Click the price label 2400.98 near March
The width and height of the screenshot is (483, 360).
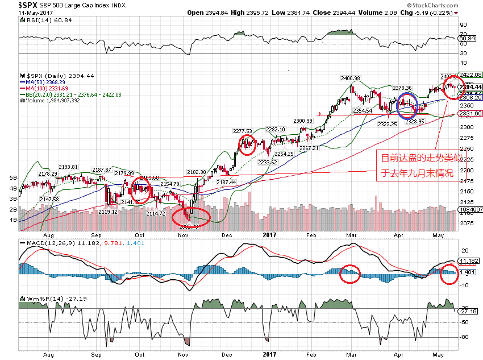[351, 78]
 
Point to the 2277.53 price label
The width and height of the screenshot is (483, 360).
[242, 131]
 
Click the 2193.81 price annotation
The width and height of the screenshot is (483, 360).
[68, 167]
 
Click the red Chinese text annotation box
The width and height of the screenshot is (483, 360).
[417, 165]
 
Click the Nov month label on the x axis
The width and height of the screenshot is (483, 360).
[183, 235]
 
